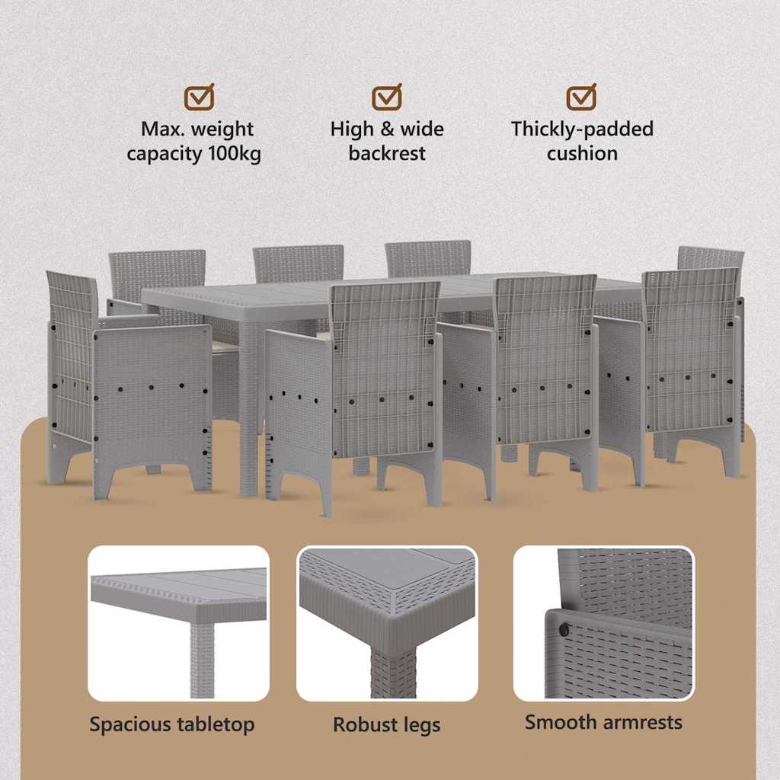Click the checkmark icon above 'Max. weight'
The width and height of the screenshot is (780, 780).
(199, 97)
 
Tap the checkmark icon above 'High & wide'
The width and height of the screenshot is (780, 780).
(387, 97)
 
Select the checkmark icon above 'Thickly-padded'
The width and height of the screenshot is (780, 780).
(581, 97)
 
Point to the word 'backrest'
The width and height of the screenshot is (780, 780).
(387, 153)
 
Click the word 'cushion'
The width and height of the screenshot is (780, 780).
(582, 153)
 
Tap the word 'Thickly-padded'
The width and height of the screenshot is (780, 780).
(582, 129)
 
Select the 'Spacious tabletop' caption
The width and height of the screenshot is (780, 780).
(172, 724)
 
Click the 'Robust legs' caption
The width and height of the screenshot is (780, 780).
(386, 725)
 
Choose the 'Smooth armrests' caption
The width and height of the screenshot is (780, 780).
(603, 722)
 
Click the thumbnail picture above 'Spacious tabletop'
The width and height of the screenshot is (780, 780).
(178, 623)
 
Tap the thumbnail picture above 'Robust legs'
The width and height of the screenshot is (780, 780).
(387, 623)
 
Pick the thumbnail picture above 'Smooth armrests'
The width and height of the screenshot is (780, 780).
(604, 623)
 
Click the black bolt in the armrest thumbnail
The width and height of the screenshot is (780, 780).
(564, 630)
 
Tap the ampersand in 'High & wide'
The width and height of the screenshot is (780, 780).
(386, 129)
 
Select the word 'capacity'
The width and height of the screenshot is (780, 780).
(165, 154)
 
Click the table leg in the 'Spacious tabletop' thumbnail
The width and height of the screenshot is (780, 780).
(202, 660)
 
